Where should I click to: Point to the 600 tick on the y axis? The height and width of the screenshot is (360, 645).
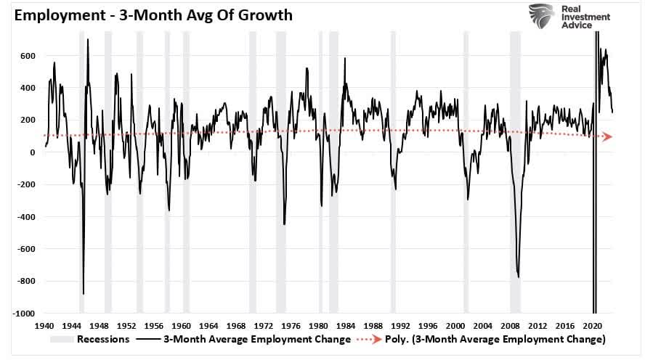click(28, 56)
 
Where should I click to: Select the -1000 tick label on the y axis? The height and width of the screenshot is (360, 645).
click(24, 314)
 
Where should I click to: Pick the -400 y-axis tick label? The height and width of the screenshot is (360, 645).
click(26, 217)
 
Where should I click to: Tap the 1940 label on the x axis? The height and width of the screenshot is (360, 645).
click(45, 327)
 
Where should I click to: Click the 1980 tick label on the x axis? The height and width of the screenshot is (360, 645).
click(317, 327)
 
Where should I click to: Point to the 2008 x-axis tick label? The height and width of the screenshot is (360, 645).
click(509, 327)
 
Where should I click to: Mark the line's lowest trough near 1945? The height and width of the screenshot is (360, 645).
click(84, 293)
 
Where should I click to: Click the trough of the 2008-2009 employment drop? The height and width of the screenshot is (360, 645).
click(518, 277)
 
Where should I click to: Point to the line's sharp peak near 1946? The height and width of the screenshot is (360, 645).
click(88, 39)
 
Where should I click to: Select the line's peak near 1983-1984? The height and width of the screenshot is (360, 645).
click(344, 59)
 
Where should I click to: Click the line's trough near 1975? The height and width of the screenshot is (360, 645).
click(284, 224)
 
